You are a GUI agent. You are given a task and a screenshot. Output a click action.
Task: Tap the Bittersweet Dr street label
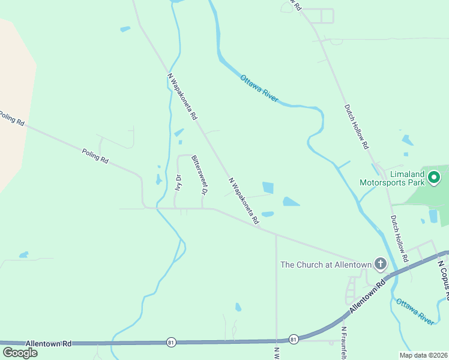coord(199,175)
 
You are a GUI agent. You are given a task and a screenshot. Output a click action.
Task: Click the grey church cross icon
coord(380,264)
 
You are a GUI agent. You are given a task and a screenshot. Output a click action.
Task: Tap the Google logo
coord(19,352)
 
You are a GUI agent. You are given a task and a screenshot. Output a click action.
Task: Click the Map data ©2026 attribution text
coord(423,355)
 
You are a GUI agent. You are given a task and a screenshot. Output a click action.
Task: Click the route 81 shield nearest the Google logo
coord(172,342)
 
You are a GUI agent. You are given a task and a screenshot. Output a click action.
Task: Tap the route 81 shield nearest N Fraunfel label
coord(294,339)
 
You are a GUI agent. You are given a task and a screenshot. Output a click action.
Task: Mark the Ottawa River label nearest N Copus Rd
coord(415,311)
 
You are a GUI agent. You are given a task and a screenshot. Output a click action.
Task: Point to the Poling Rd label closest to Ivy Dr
coord(95,157)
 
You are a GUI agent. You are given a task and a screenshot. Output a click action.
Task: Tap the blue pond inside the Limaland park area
coord(433,215)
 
